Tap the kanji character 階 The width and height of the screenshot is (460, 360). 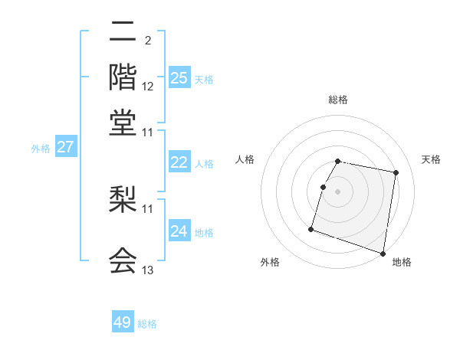(x=123, y=77)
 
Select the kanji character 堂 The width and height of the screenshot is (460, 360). (x=123, y=123)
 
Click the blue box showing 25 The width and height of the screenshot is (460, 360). (x=179, y=78)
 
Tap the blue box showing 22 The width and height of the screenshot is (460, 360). (x=179, y=162)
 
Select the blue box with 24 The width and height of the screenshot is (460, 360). (x=179, y=231)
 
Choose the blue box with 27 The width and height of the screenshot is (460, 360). (x=66, y=147)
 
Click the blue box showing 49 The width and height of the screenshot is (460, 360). (x=123, y=322)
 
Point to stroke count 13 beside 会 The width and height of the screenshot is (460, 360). (x=148, y=270)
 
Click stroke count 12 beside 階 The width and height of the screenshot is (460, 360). (x=148, y=86)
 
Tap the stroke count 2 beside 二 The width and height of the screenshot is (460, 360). (x=147, y=41)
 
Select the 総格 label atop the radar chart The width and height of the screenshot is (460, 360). (x=338, y=100)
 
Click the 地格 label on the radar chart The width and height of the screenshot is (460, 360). (x=402, y=263)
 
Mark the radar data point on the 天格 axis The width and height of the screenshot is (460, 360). (x=396, y=173)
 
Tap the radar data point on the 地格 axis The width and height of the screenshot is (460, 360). (x=383, y=253)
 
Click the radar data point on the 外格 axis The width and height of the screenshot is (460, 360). (x=311, y=229)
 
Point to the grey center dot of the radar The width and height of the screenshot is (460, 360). (x=338, y=191)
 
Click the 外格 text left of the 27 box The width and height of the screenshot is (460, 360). (x=40, y=149)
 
